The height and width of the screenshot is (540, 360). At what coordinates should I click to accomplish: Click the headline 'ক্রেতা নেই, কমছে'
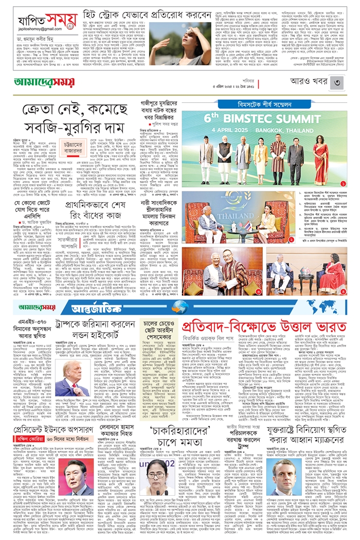click(x=75, y=110)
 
